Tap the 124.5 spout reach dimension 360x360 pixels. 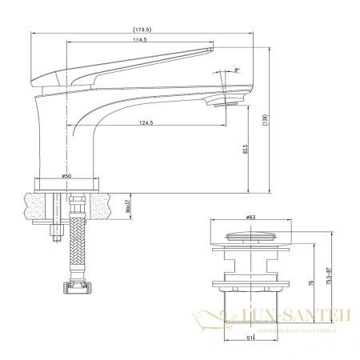point(145,122)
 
